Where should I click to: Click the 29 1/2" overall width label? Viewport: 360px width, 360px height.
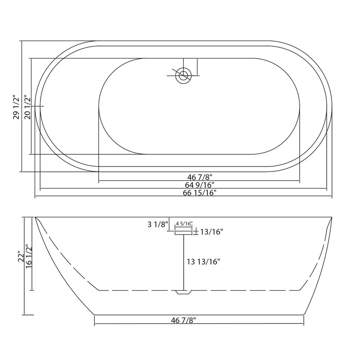[16, 107]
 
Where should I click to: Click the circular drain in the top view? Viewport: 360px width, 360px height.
[183, 75]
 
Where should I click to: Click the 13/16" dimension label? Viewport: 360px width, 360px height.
[212, 232]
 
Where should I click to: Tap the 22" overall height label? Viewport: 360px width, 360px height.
[19, 256]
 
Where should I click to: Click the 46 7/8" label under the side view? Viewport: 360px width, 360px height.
[184, 320]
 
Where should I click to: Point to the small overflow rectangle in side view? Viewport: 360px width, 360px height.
[183, 231]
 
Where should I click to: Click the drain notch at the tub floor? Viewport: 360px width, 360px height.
[183, 292]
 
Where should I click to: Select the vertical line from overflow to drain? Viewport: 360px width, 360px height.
[183, 261]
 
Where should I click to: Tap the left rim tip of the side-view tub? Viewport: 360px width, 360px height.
[36, 219]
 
